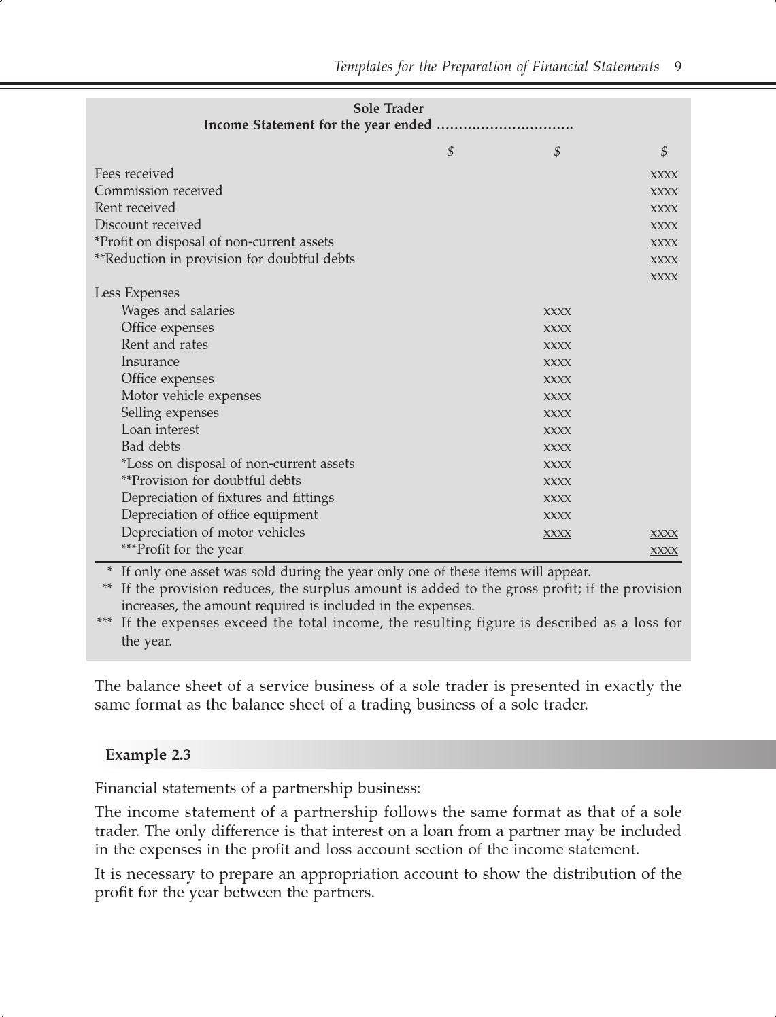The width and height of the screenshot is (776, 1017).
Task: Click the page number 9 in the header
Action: (677, 67)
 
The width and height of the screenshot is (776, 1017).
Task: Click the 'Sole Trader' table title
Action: (388, 109)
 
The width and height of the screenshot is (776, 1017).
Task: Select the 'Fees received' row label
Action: (134, 174)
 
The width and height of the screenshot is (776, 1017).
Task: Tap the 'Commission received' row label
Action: (158, 191)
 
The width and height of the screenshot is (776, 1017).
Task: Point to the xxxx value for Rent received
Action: (664, 209)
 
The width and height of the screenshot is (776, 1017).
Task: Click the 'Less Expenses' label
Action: (137, 293)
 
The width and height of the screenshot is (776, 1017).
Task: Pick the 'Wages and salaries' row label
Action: (178, 311)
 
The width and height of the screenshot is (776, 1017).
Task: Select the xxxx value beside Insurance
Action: (557, 363)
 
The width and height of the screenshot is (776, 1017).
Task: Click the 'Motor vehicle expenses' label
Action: (191, 396)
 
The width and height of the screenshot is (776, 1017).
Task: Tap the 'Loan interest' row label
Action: (160, 430)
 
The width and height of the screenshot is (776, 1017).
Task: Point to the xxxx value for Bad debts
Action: (557, 448)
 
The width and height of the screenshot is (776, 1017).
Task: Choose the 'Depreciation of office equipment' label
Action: (219, 515)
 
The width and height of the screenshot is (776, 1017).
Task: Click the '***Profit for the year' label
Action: (182, 550)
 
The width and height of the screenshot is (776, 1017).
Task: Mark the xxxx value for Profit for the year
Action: (664, 550)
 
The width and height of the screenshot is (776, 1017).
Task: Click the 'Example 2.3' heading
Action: (148, 755)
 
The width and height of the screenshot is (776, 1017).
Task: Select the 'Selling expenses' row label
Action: (170, 413)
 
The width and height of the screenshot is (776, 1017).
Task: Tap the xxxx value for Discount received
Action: (664, 226)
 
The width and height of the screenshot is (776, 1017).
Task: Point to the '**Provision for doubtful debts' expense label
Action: (211, 481)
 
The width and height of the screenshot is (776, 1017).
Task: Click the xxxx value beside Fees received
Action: (664, 175)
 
